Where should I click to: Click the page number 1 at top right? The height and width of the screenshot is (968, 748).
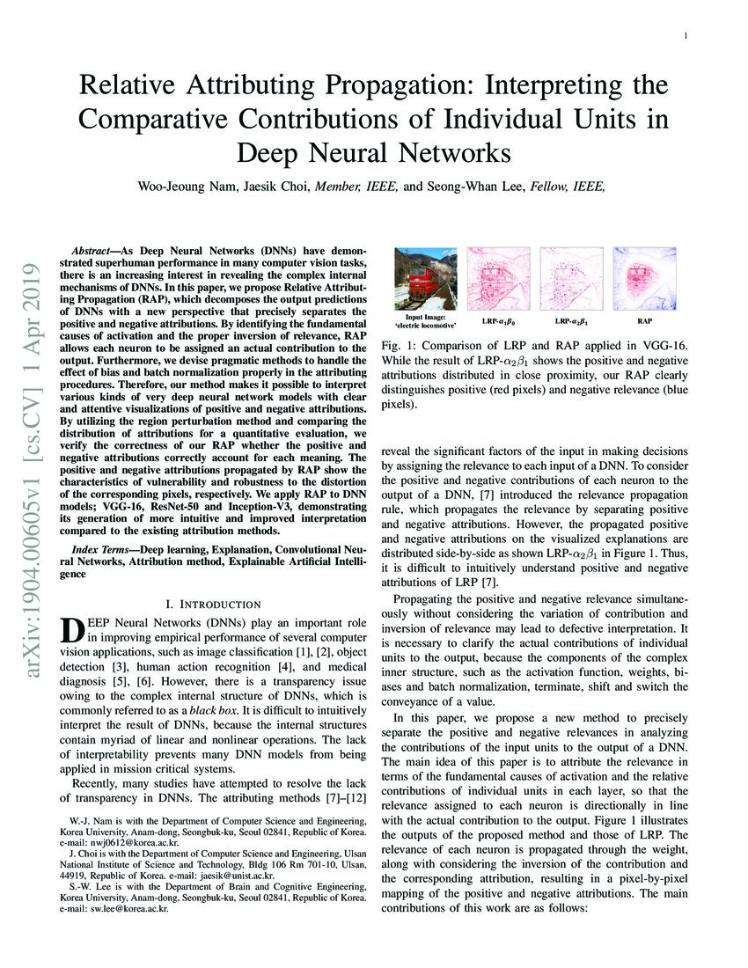tap(685, 36)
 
